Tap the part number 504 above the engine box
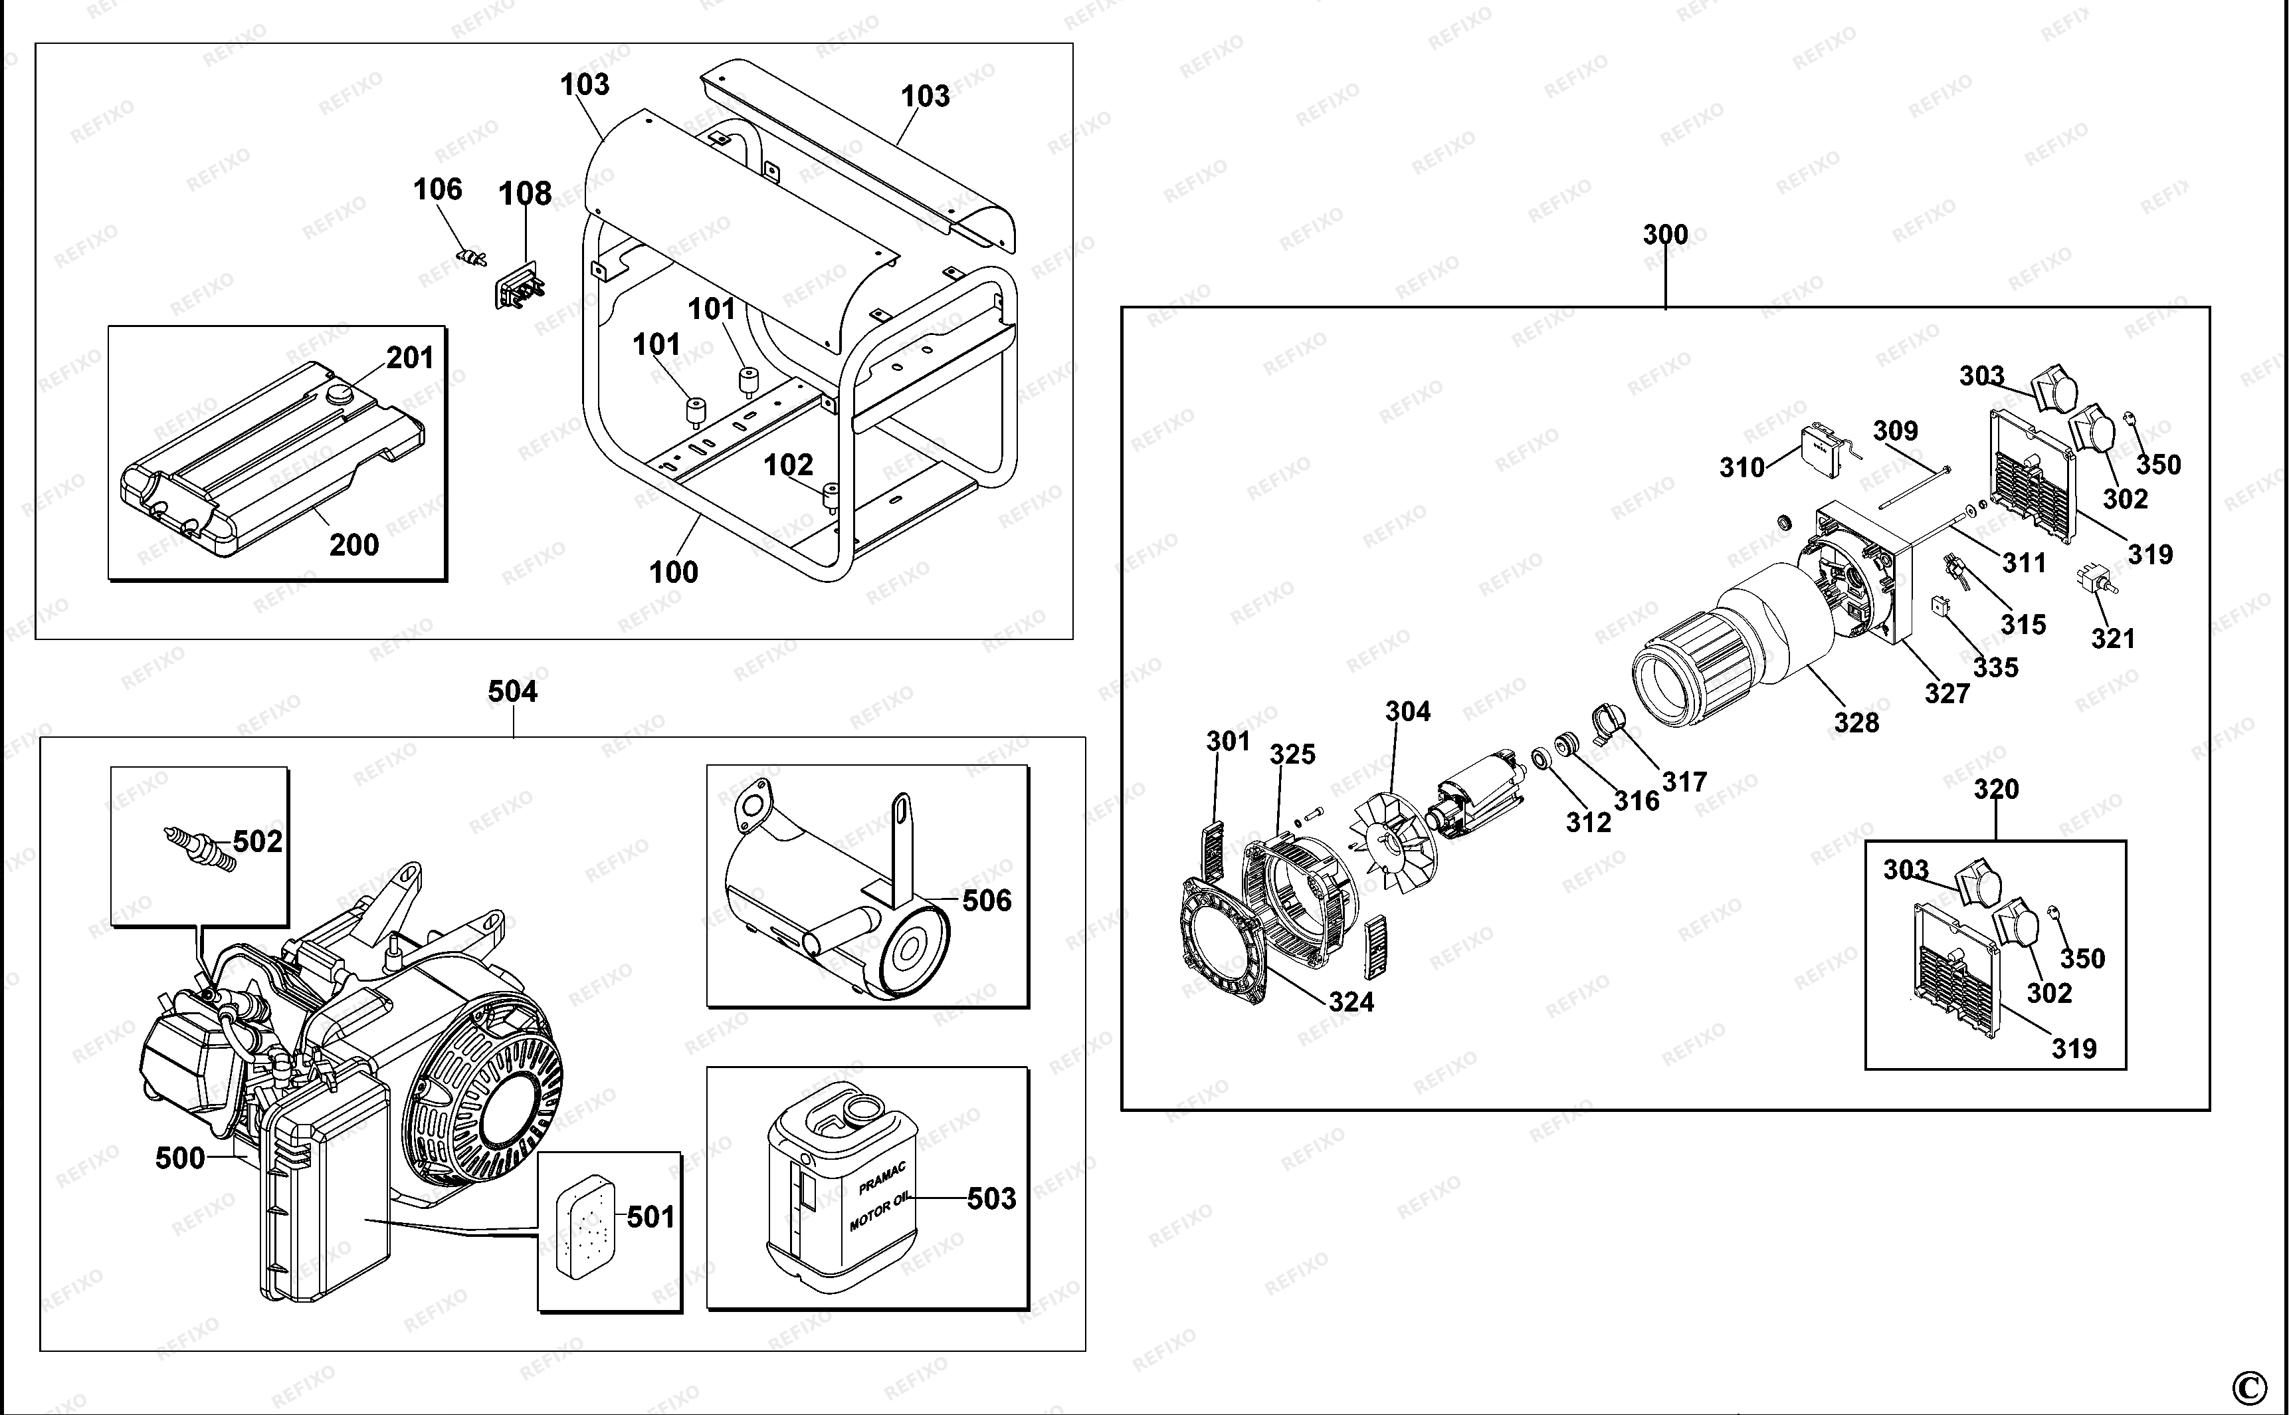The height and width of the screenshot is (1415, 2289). click(x=512, y=692)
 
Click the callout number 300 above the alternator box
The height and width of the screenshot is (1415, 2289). click(x=1665, y=235)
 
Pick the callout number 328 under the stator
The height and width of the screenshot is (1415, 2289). click(x=1856, y=722)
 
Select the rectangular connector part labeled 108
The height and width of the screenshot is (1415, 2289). click(x=519, y=284)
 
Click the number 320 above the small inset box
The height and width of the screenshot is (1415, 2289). click(x=1995, y=790)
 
